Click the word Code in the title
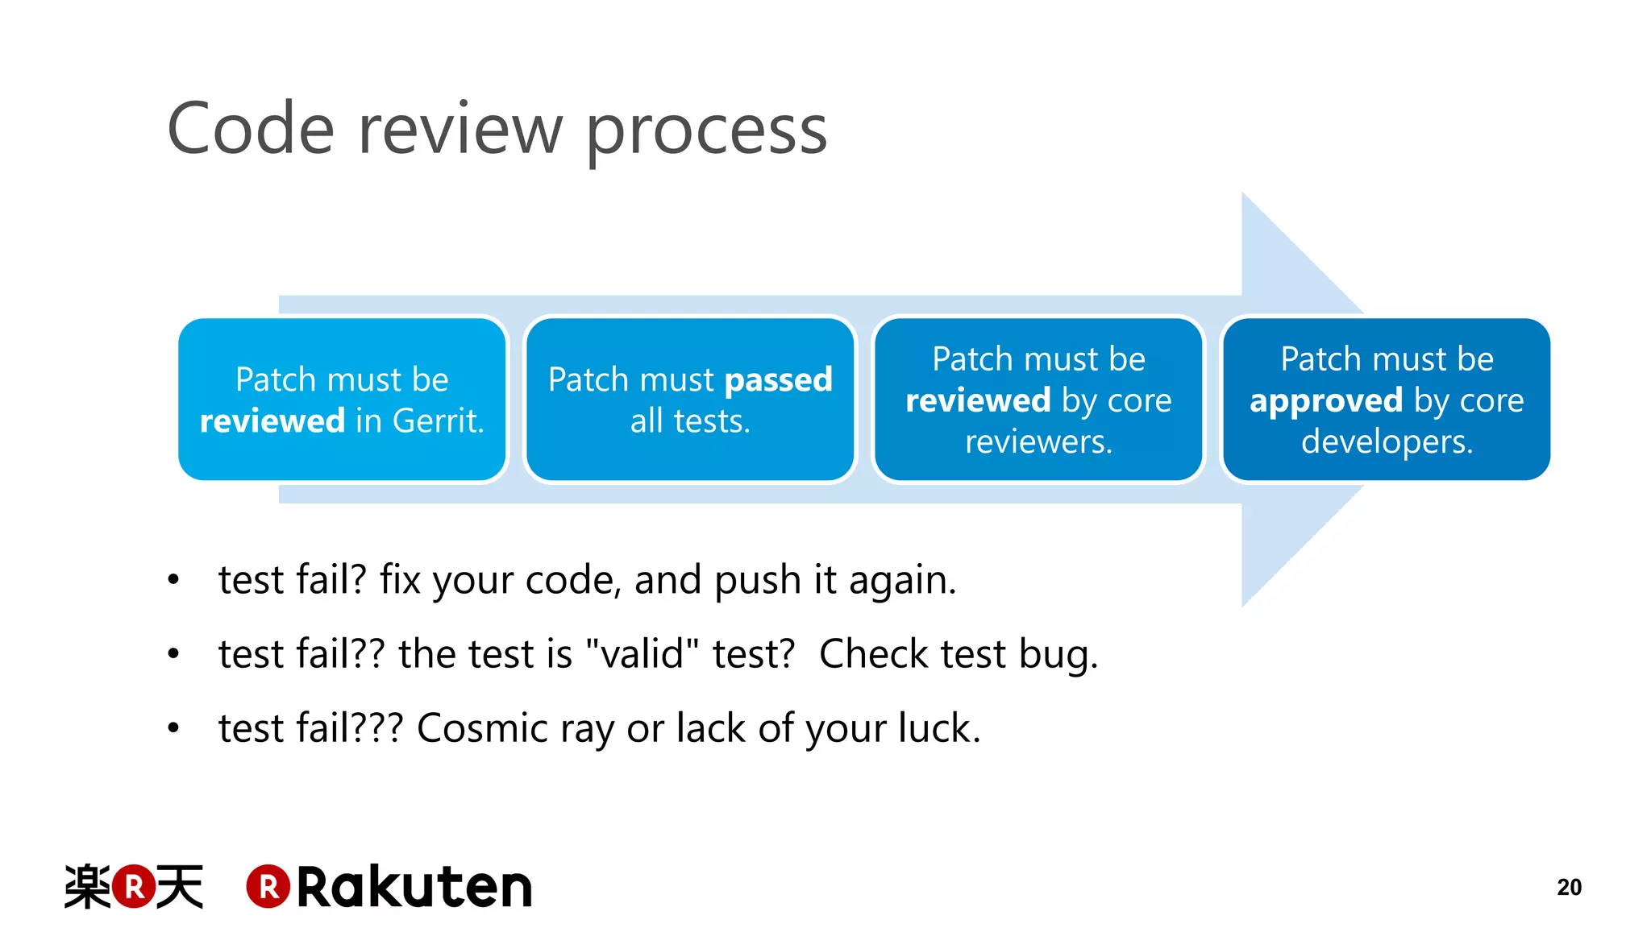(x=250, y=129)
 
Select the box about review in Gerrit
(x=342, y=400)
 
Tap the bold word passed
(x=778, y=380)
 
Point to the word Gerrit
(x=438, y=421)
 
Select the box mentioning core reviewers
(x=1038, y=400)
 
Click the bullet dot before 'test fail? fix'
(x=173, y=580)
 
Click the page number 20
(x=1569, y=887)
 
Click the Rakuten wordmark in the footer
(x=414, y=888)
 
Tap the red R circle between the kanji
(x=134, y=887)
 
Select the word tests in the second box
(x=710, y=421)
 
